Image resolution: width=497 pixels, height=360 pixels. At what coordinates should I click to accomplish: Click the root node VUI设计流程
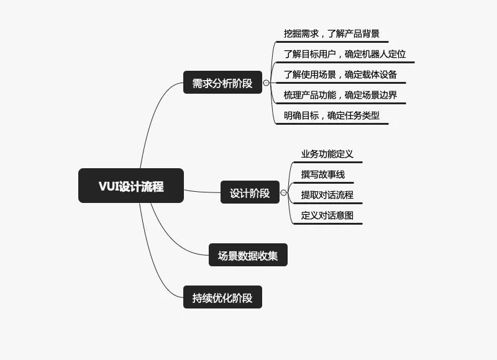131,186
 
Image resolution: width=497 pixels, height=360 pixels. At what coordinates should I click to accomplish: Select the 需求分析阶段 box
222,83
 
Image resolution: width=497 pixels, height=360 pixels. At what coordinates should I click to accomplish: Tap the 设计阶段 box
250,192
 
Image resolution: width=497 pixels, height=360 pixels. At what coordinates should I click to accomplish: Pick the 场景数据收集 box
248,255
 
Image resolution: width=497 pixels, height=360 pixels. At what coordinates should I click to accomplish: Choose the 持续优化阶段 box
222,297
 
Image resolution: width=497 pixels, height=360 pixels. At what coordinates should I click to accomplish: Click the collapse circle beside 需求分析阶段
267,83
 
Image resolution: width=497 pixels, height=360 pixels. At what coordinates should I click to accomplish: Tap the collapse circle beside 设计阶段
284,192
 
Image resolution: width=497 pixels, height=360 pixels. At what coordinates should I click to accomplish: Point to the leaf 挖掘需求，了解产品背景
332,34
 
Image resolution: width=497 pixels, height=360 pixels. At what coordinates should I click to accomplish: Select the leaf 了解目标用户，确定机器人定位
345,54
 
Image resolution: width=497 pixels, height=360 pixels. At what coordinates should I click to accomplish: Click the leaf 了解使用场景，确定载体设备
340,74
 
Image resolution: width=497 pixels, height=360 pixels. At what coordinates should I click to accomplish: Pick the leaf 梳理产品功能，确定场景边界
340,95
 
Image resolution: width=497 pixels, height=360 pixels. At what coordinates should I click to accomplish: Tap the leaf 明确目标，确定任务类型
332,115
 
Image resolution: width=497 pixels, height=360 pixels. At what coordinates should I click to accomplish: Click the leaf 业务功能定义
327,154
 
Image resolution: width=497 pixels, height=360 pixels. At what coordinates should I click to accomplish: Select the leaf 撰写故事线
322,174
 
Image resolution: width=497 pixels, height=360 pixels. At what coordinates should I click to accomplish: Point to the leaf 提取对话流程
327,195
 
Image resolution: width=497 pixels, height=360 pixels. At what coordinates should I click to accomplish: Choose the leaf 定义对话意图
327,215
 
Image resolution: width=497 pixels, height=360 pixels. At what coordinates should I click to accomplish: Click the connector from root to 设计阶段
203,192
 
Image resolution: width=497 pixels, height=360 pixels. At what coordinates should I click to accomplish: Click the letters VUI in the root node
108,186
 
